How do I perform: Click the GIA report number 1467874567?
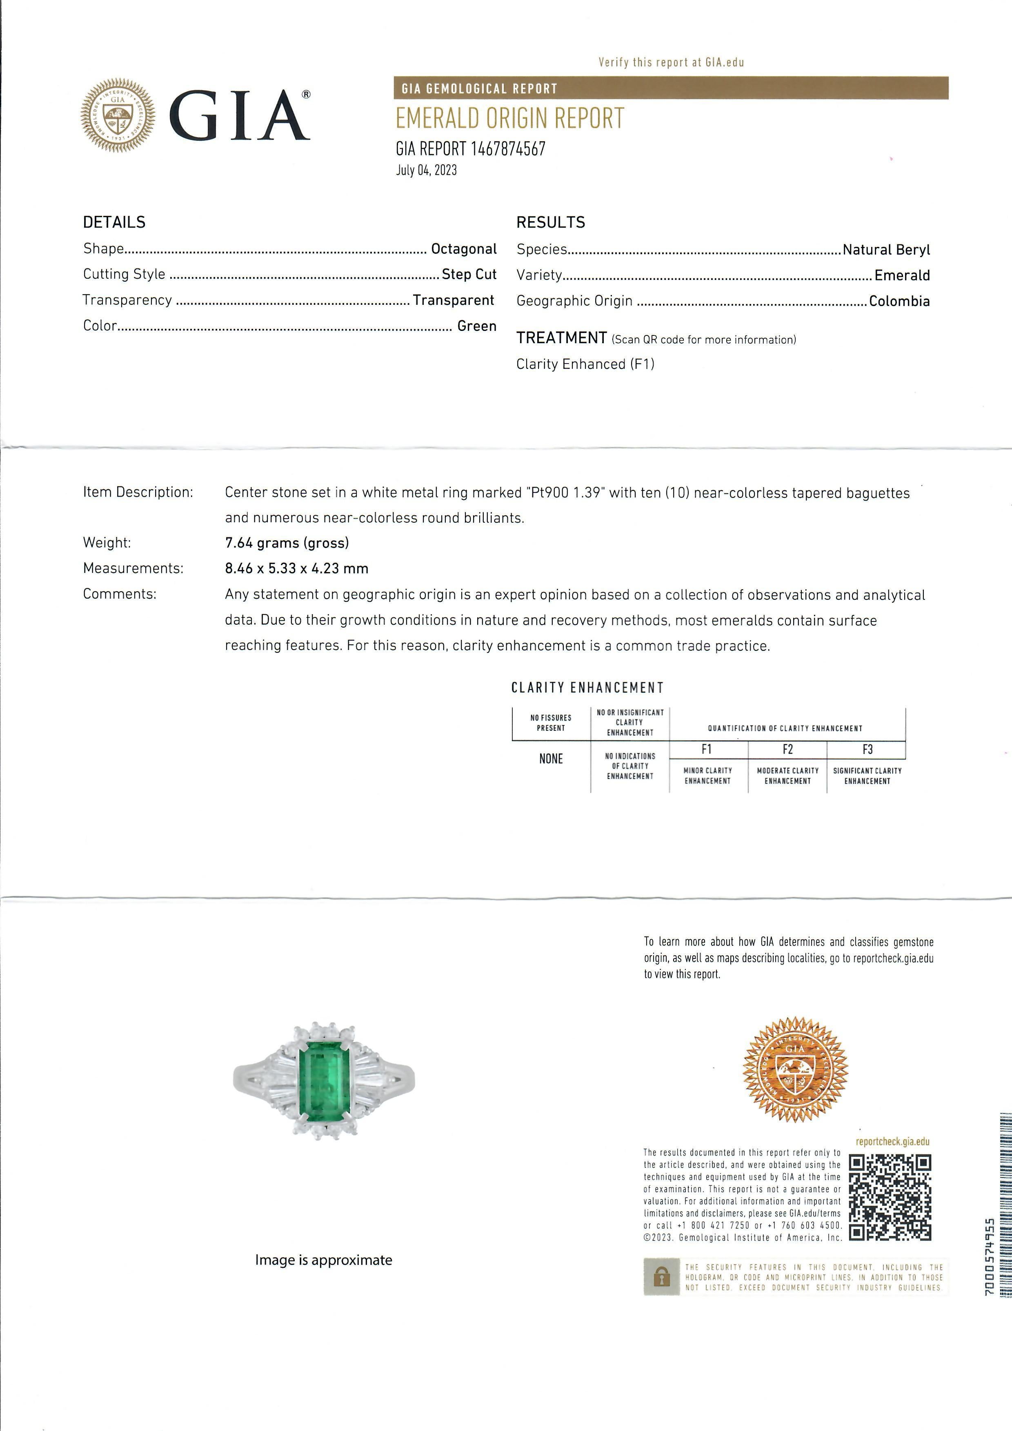pos(470,149)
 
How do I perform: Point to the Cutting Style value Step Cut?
pos(469,274)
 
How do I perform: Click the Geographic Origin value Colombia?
pos(899,301)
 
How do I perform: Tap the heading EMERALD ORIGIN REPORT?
pos(509,118)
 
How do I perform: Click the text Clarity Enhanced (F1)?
pos(585,364)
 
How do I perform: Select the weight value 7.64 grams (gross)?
pos(287,543)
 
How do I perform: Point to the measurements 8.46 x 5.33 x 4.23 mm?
pos(296,568)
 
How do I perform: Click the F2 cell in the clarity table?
pos(787,749)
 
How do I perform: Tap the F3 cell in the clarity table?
pos(867,749)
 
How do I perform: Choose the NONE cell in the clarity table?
pos(551,759)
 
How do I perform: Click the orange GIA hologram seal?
pos(796,1068)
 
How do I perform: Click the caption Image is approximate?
pos(323,1260)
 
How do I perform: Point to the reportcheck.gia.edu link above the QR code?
pos(892,1142)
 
